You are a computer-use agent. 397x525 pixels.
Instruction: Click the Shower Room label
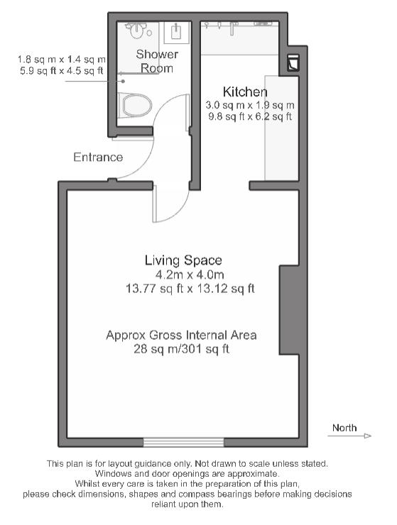pyautogui.click(x=157, y=61)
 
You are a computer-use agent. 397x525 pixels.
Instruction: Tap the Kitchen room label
pyautogui.click(x=245, y=92)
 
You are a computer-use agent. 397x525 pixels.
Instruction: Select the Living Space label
pyautogui.click(x=183, y=260)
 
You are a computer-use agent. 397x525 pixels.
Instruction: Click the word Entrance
pyautogui.click(x=98, y=157)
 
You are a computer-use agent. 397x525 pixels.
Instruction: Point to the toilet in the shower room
pyautogui.click(x=135, y=106)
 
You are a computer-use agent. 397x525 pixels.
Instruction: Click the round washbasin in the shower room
pyautogui.click(x=136, y=31)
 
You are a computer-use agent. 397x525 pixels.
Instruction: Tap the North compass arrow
pyautogui.click(x=349, y=436)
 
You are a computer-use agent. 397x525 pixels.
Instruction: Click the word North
pyautogui.click(x=344, y=428)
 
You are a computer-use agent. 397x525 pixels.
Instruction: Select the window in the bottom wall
pyautogui.click(x=184, y=442)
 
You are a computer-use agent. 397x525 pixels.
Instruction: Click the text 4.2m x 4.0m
pyautogui.click(x=190, y=275)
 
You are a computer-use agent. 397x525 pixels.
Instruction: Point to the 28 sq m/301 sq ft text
pyautogui.click(x=181, y=349)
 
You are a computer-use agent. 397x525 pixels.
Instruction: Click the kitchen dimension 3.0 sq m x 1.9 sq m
pyautogui.click(x=250, y=105)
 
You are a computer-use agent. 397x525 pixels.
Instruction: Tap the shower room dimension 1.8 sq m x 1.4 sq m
pyautogui.click(x=62, y=60)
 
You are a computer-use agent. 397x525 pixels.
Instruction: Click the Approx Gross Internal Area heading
pyautogui.click(x=181, y=335)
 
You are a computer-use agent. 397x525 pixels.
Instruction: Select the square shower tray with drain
pyautogui.click(x=177, y=32)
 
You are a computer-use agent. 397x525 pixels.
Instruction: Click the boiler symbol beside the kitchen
pyautogui.click(x=293, y=62)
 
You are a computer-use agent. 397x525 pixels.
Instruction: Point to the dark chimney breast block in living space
pyautogui.click(x=289, y=310)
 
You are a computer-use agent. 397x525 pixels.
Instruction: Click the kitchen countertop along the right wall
pyautogui.click(x=282, y=128)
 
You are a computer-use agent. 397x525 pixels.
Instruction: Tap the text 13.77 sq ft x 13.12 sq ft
pyautogui.click(x=190, y=289)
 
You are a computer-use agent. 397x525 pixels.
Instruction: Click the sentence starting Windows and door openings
pyautogui.click(x=187, y=474)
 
